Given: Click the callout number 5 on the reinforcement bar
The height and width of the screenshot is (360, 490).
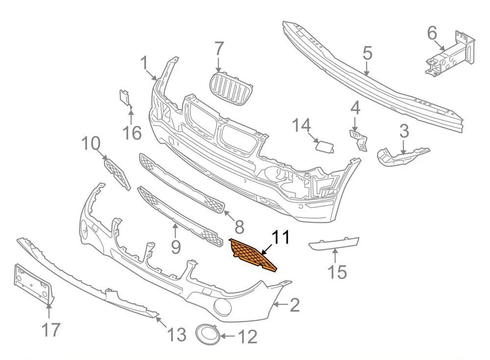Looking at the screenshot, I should (x=367, y=53).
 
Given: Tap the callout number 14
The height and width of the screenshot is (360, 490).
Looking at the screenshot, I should (x=302, y=126).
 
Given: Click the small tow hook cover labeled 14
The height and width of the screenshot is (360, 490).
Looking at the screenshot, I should (x=324, y=146).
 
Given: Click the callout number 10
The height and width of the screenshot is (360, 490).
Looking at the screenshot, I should (x=91, y=144).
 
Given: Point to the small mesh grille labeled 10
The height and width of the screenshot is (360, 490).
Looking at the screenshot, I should (x=118, y=173).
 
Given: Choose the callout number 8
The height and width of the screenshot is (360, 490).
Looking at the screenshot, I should (x=239, y=227).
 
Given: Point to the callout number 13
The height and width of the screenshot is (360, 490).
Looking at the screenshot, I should (x=176, y=334).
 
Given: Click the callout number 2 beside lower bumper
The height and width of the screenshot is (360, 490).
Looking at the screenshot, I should (x=294, y=306).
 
